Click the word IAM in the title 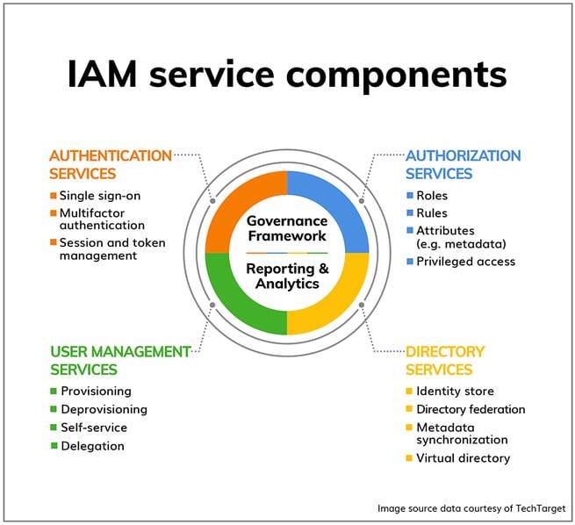point(102,74)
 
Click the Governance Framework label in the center point(287,228)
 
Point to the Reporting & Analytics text point(287,276)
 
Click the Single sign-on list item point(100,196)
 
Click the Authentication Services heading point(111,165)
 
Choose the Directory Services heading point(445,360)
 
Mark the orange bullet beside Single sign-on point(54,196)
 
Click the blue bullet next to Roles point(410,195)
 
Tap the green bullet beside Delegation point(54,445)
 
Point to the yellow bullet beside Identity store point(409,391)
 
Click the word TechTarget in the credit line point(541,508)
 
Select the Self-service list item point(94,428)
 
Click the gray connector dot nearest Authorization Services point(362,201)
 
